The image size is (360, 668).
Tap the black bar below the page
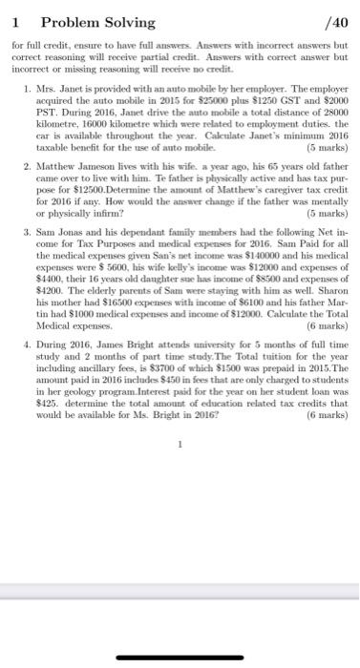[x=180, y=658]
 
